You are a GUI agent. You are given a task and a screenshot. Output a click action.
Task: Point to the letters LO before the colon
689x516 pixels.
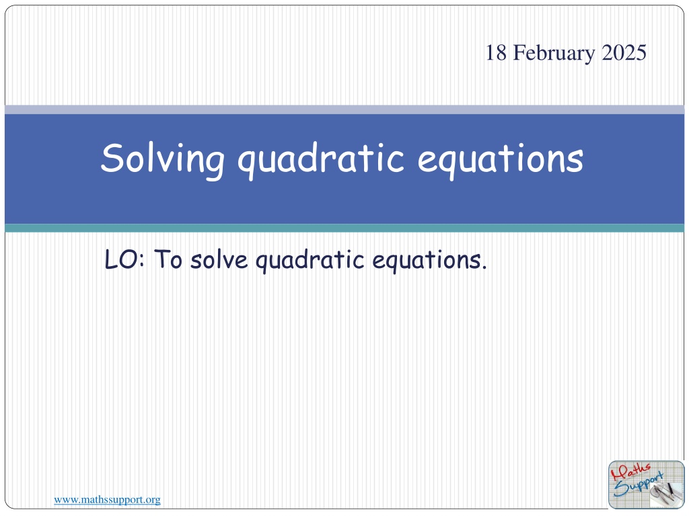pyautogui.click(x=121, y=259)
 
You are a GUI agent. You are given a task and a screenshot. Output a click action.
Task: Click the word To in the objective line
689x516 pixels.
pyautogui.click(x=168, y=259)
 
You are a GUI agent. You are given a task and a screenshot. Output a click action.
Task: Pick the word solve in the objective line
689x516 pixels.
pyautogui.click(x=219, y=259)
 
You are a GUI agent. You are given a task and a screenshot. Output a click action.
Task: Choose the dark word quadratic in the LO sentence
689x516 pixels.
pyautogui.click(x=310, y=261)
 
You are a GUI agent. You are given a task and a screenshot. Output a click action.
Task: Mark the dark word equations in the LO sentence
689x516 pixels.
pyautogui.click(x=426, y=261)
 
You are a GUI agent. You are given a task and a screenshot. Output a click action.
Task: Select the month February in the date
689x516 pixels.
pyautogui.click(x=554, y=54)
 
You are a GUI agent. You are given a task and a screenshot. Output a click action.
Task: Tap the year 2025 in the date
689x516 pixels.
pyautogui.click(x=624, y=52)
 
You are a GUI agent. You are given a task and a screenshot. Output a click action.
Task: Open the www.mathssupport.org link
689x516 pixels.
pyautogui.click(x=107, y=500)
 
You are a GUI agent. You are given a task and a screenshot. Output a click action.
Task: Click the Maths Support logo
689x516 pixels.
pyautogui.click(x=647, y=484)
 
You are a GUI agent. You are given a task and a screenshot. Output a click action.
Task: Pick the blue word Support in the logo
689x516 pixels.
pyautogui.click(x=639, y=485)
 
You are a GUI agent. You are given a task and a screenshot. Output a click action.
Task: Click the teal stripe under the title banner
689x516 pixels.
pyautogui.click(x=344, y=228)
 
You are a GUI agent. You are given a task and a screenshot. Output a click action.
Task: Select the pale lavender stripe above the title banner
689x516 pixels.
pyautogui.click(x=344, y=110)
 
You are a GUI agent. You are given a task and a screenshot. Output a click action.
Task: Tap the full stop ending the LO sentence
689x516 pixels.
pyautogui.click(x=484, y=267)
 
